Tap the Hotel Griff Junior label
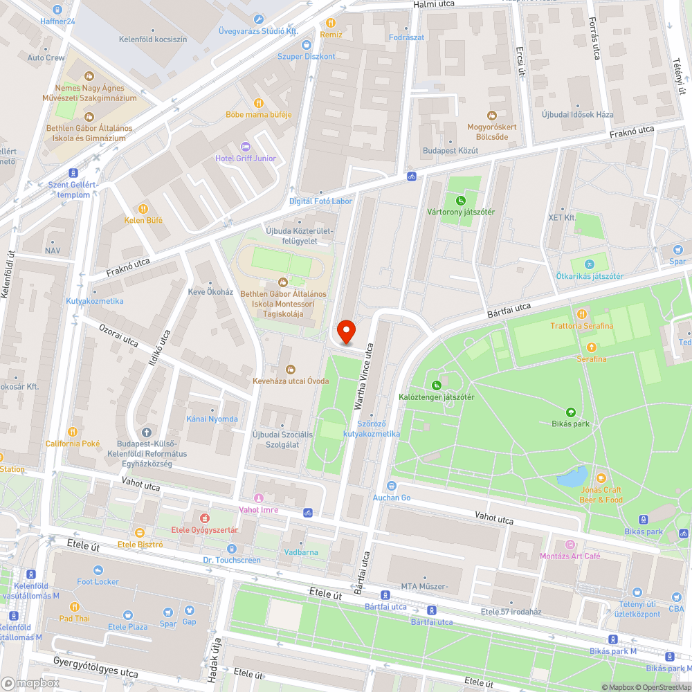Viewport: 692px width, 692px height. point(245,158)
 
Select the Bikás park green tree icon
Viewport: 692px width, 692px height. point(570,411)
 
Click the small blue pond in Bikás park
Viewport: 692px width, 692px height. point(572,476)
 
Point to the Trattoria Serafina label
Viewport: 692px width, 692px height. point(581,326)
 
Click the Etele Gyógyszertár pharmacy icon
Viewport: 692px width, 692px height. point(204,518)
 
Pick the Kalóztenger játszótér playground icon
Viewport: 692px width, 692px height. point(436,385)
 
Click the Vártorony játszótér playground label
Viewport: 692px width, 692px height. point(460,212)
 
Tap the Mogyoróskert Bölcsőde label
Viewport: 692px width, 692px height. point(493,131)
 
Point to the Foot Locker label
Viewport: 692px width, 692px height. point(98,582)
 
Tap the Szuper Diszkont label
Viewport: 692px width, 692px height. point(306,56)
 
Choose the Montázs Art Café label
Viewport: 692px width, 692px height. point(570,556)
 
